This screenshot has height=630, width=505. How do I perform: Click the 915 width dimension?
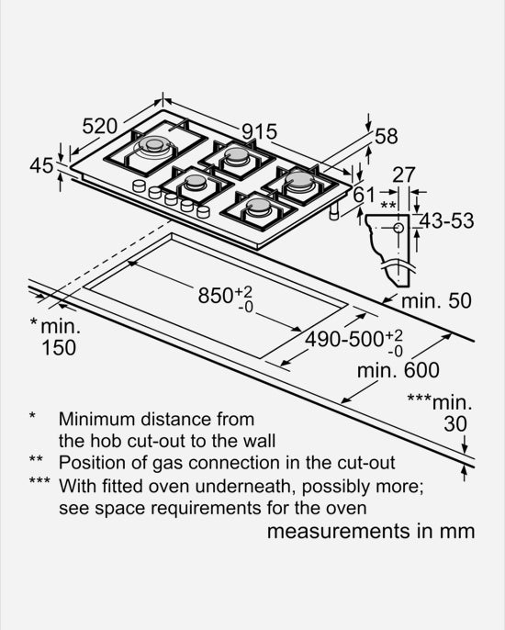(260, 132)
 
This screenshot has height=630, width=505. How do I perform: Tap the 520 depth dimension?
(100, 127)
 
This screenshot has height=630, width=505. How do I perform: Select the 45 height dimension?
(41, 165)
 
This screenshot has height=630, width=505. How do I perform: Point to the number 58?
(386, 137)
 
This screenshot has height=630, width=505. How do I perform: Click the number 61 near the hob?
(365, 196)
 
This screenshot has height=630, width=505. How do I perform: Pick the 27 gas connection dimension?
(403, 174)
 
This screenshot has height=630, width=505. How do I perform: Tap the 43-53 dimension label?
(447, 221)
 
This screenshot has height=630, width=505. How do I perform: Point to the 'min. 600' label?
(398, 370)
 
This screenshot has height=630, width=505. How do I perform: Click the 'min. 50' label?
(436, 301)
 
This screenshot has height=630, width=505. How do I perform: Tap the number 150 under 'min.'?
(59, 347)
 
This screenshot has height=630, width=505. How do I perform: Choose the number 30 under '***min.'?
(455, 424)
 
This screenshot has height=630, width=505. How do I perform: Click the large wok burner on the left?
(155, 146)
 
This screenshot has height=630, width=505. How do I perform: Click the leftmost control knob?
(139, 186)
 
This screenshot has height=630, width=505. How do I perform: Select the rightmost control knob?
(203, 211)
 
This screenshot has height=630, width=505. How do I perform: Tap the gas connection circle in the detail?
(398, 228)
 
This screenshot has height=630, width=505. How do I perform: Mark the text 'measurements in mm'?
(371, 531)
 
